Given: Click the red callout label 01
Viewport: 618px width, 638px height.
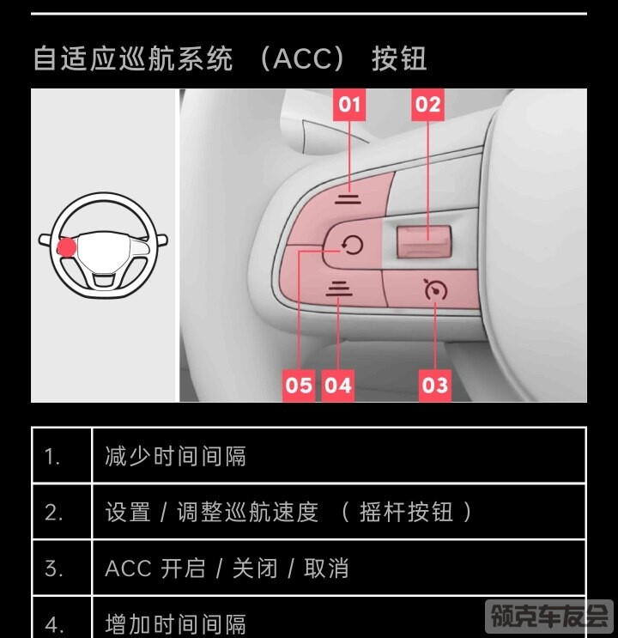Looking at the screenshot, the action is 349,105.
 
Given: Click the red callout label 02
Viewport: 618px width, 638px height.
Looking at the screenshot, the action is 427,105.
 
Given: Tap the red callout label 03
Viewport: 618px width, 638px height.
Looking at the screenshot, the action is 435,386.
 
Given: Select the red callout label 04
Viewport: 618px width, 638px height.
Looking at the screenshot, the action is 337,386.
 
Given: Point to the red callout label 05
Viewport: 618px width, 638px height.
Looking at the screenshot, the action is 299,386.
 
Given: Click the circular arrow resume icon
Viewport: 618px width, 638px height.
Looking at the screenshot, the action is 352,246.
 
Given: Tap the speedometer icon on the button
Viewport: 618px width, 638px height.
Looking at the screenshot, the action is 435,289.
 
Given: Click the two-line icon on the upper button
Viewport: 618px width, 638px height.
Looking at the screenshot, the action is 348,198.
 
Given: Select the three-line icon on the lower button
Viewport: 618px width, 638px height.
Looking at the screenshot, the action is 339,289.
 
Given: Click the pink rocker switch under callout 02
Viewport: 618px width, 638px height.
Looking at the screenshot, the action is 424,241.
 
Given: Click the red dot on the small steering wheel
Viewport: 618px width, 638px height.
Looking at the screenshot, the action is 66,247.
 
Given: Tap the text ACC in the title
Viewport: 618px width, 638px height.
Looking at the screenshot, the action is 302,59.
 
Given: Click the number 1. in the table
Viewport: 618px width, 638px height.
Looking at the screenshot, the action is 52,457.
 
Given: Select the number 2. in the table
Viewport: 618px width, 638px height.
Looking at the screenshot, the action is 53,513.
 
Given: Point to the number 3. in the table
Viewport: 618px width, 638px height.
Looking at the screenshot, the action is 53,568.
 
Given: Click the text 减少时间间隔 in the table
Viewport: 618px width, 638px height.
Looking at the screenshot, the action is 175,456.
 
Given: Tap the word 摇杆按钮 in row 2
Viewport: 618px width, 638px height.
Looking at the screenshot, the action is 406,512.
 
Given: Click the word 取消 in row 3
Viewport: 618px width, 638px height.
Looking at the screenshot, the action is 326,568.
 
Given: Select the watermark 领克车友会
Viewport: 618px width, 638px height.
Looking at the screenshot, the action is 549,616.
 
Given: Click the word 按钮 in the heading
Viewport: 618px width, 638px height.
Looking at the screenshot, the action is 399,59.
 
